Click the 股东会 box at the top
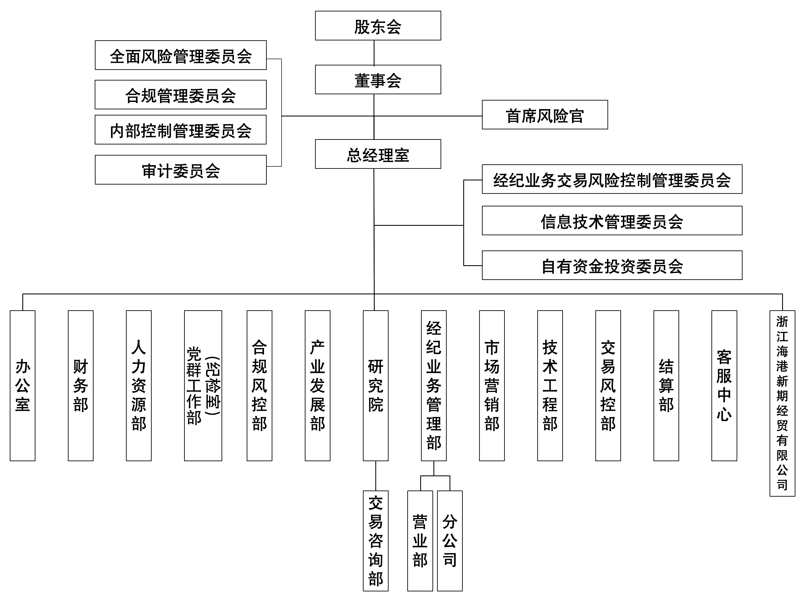(378, 26)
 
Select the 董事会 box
(378, 80)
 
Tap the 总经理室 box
(378, 154)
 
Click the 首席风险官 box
(545, 115)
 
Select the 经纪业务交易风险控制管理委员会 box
(612, 179)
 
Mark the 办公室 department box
(23, 385)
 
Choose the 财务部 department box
(80, 385)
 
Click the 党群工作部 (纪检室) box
(203, 385)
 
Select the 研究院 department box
(375, 385)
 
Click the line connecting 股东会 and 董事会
(374, 53)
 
